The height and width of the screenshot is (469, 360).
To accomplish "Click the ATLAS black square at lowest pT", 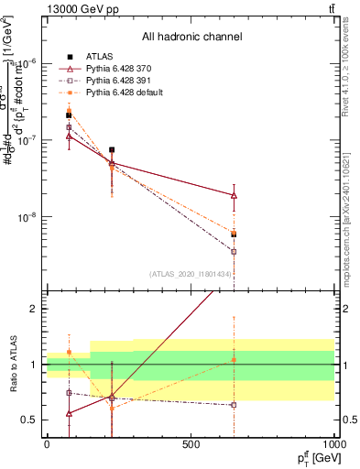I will [x=69, y=115].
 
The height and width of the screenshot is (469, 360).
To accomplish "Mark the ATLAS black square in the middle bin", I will [x=112, y=149].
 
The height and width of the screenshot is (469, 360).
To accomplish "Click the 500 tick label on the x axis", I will [x=191, y=444].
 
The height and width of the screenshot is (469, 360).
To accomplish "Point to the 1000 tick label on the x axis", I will [x=335, y=444].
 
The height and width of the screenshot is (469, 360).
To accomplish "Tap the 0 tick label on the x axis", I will [x=47, y=444].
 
